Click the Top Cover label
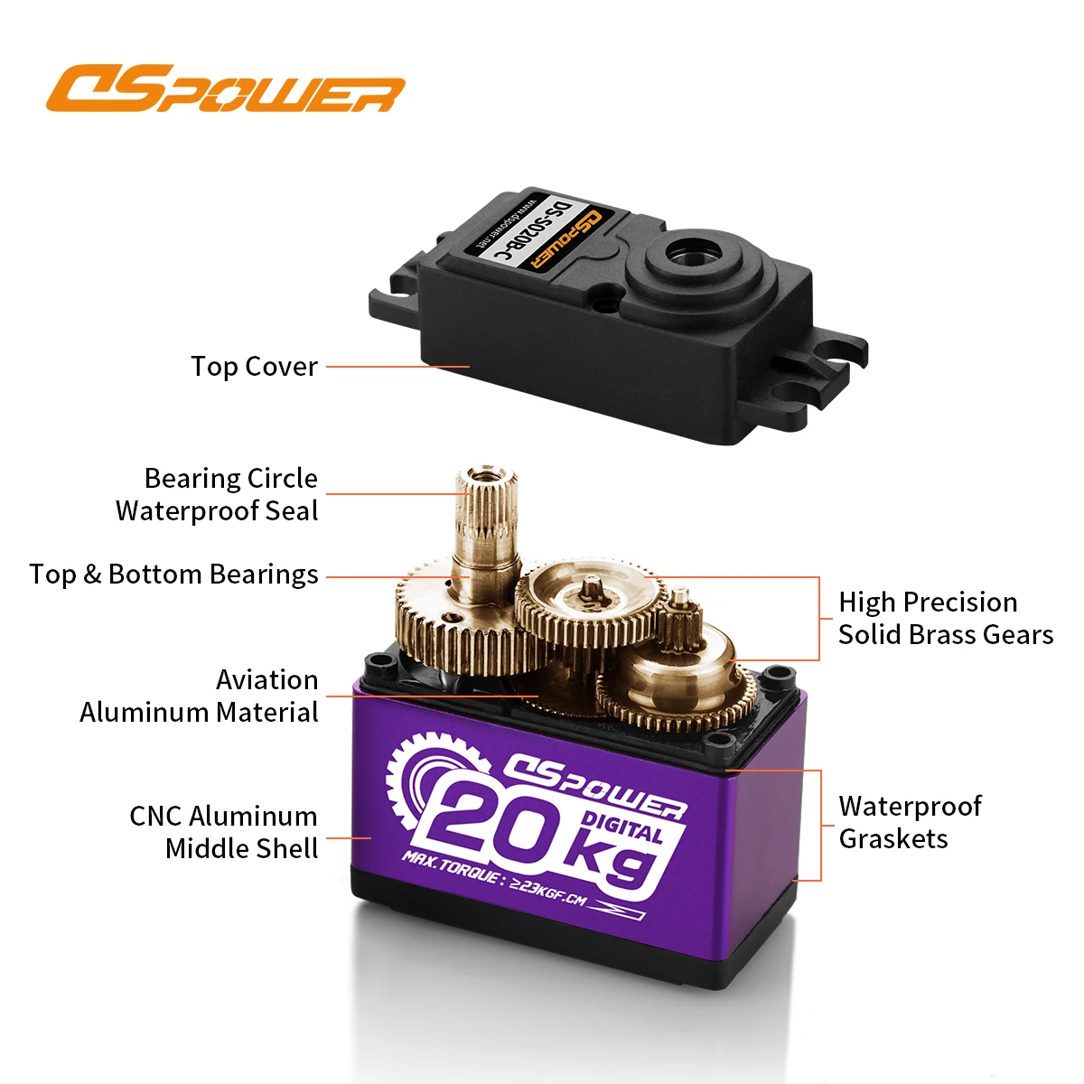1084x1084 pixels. (x=254, y=367)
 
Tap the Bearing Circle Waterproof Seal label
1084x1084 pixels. (x=218, y=495)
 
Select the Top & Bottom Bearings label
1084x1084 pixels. (x=173, y=575)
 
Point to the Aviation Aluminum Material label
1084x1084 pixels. (x=200, y=696)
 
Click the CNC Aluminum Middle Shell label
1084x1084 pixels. (x=224, y=832)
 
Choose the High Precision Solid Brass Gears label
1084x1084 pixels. (x=945, y=618)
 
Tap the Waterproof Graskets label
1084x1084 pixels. (x=910, y=822)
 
